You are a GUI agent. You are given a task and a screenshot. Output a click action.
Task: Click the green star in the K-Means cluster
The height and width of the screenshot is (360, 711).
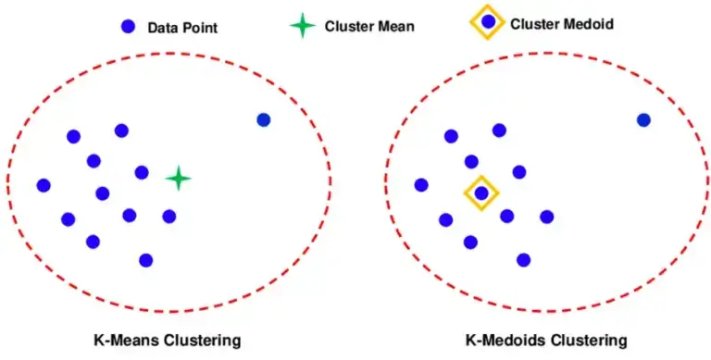[178, 179]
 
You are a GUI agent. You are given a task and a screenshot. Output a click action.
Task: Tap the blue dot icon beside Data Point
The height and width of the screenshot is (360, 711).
[128, 27]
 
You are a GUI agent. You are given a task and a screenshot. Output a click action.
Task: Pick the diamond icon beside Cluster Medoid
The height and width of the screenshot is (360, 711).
[488, 21]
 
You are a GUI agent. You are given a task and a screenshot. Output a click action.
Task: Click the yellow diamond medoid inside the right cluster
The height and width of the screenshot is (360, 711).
[481, 193]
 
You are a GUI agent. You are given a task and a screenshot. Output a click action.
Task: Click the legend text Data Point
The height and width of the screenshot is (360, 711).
[182, 27]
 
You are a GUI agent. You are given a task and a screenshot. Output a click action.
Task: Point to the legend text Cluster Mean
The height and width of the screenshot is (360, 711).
[369, 26]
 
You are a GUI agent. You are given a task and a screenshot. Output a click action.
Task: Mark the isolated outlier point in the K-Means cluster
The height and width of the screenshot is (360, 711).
[263, 119]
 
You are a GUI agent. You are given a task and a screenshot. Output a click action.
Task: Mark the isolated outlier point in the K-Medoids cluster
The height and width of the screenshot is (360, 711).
[643, 119]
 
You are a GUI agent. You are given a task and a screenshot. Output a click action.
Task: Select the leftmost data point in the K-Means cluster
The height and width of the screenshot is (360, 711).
[43, 185]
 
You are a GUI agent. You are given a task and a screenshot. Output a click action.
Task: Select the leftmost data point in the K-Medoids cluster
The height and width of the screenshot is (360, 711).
[421, 185]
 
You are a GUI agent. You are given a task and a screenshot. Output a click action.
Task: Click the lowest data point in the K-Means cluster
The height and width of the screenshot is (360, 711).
[145, 260]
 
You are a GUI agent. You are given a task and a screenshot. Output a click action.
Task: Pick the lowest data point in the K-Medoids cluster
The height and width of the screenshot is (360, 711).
[524, 260]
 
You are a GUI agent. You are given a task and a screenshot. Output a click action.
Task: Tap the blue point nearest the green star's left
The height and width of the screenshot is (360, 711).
[142, 172]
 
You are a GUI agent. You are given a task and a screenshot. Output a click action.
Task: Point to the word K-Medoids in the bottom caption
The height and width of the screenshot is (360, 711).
[504, 340]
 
